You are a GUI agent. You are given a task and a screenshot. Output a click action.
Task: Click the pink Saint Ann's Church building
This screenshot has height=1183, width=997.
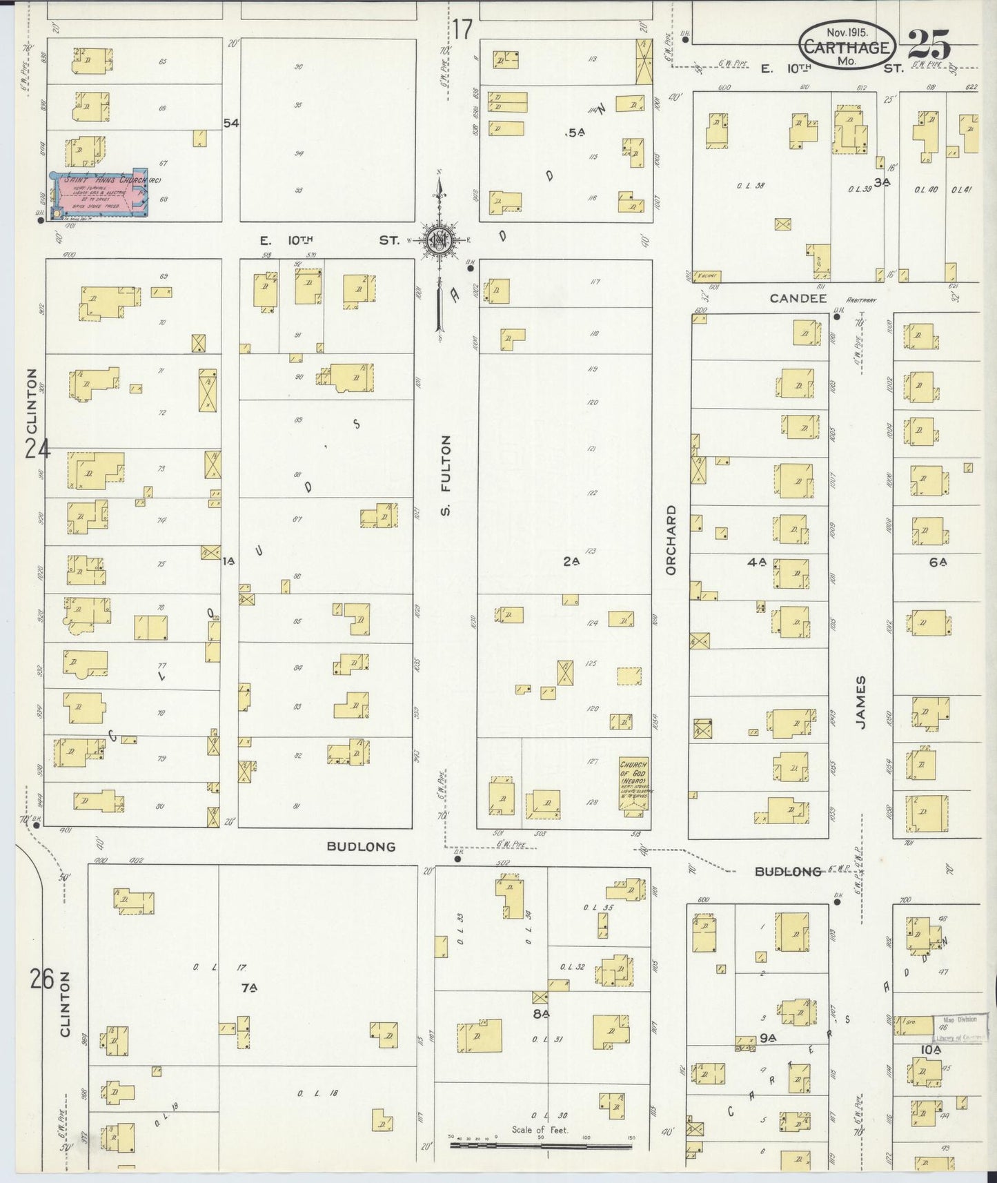[100, 193]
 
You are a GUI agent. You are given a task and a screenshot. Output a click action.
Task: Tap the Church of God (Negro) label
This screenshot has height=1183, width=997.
[633, 779]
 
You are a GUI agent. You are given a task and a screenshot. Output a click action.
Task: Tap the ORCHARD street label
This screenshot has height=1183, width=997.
[671, 539]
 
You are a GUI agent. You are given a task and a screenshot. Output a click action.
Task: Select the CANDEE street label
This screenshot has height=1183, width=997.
[798, 298]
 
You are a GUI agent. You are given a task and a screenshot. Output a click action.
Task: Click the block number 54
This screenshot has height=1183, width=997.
[230, 123]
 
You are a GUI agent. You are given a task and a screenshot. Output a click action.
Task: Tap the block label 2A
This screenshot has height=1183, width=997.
[571, 562]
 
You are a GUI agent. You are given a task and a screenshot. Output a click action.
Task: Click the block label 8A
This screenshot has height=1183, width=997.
[540, 1014]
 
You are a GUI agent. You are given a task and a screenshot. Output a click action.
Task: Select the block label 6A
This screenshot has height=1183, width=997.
[936, 562]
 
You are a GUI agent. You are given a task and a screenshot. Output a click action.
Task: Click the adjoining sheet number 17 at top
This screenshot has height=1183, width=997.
[462, 30]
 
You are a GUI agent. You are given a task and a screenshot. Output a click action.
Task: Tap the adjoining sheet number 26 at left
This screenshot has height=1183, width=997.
[41, 979]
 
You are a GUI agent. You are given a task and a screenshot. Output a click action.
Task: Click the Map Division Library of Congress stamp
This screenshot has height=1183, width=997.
[957, 1028]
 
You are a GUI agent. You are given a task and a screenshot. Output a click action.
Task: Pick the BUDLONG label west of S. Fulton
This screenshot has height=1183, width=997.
[361, 846]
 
